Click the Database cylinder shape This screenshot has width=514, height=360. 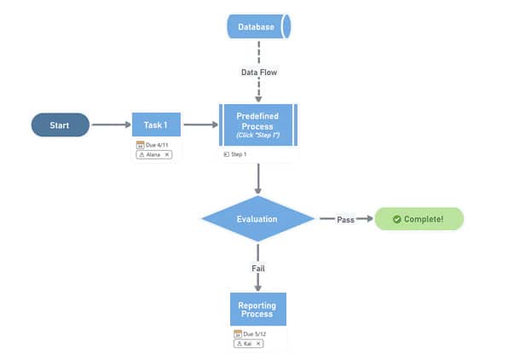pyautogui.click(x=257, y=27)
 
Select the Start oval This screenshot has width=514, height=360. pyautogui.click(x=60, y=125)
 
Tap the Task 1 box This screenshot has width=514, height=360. pyautogui.click(x=155, y=125)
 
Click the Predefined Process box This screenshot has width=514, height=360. pyautogui.click(x=257, y=125)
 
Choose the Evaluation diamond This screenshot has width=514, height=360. pyautogui.click(x=257, y=219)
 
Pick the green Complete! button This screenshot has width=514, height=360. pyautogui.click(x=419, y=219)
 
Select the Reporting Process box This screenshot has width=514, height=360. pyautogui.click(x=257, y=308)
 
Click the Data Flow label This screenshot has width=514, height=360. pyautogui.click(x=258, y=73)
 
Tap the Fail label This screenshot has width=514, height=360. pyautogui.click(x=258, y=268)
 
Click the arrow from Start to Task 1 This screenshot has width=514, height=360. pyautogui.click(x=111, y=125)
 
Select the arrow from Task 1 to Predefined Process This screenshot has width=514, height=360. pyautogui.click(x=200, y=125)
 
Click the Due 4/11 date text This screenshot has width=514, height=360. pyautogui.click(x=157, y=146)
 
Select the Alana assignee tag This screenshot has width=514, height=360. pyautogui.click(x=154, y=154)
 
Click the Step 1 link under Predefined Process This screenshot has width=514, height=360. pyautogui.click(x=235, y=154)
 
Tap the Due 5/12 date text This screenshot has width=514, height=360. pyautogui.click(x=254, y=334)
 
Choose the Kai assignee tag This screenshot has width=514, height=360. pyautogui.click(x=248, y=343)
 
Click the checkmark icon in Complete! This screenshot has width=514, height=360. pyautogui.click(x=396, y=219)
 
